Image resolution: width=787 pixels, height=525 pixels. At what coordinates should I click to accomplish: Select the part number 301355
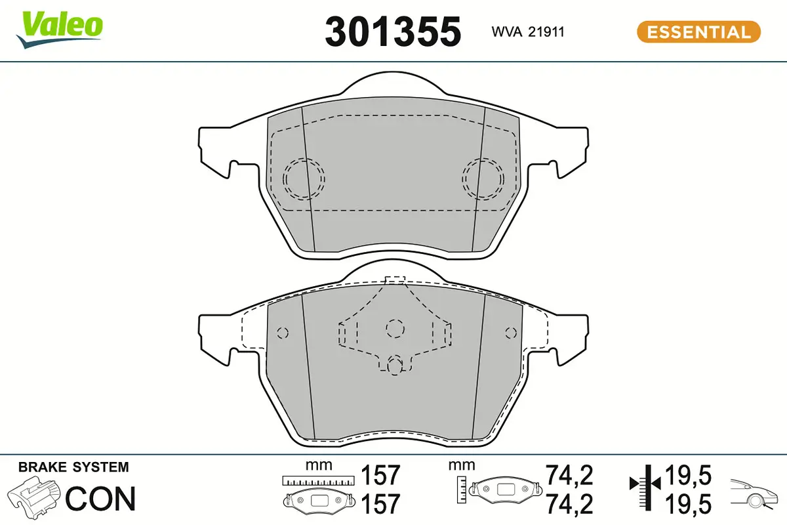click(x=393, y=31)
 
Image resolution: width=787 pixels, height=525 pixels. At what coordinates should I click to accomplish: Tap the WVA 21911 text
click(x=528, y=31)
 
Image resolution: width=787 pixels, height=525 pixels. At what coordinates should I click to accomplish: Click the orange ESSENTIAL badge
click(x=698, y=31)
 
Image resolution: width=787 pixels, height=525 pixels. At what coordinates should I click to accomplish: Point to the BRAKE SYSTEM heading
click(x=73, y=467)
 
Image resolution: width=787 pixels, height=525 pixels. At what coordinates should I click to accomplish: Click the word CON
click(x=101, y=499)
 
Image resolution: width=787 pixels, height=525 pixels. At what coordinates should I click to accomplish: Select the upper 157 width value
click(x=380, y=475)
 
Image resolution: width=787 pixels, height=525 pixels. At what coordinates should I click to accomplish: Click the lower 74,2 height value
click(x=569, y=504)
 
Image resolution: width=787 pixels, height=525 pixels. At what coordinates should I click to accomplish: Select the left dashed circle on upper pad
click(x=304, y=178)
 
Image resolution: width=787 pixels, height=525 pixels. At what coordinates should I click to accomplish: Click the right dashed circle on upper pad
click(x=483, y=178)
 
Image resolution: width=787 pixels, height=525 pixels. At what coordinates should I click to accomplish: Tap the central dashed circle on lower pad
click(x=395, y=327)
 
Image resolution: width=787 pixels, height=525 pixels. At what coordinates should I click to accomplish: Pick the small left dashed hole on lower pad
click(x=282, y=333)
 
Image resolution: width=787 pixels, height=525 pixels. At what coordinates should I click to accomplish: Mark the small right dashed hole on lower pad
click(x=511, y=333)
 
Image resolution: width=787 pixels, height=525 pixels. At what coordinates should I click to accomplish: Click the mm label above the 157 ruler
click(x=319, y=465)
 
